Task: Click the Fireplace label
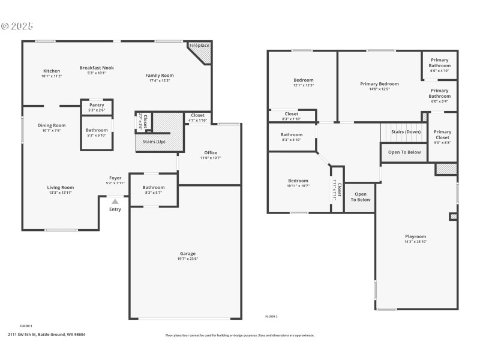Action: point(199,46)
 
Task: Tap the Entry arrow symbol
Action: point(115,202)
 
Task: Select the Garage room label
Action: point(188,254)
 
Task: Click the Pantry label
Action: point(97,105)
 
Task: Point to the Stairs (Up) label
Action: point(153,142)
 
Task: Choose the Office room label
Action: point(211,152)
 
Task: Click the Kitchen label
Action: point(51,71)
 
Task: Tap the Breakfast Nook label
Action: point(97,68)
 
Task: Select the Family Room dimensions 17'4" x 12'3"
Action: point(159,80)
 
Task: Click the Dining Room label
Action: point(51,125)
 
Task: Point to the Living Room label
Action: point(61,187)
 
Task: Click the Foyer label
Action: point(115,178)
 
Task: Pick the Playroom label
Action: point(415,236)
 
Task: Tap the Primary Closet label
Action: point(442,134)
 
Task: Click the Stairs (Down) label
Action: point(406,131)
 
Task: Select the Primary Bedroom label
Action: point(379,84)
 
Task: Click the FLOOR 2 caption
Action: point(271,316)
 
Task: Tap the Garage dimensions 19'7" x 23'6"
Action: point(188,259)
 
